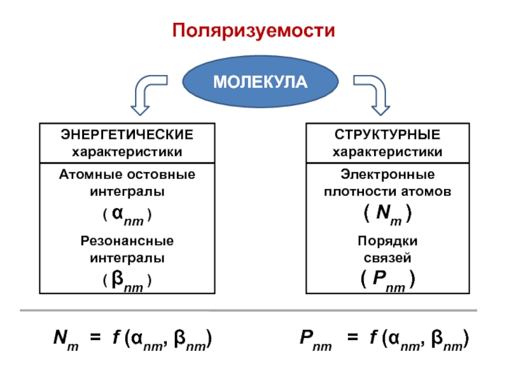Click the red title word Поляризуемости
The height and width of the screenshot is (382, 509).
(254, 30)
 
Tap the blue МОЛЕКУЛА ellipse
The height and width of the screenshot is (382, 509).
(259, 82)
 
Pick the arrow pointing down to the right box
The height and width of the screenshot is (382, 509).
(372, 93)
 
